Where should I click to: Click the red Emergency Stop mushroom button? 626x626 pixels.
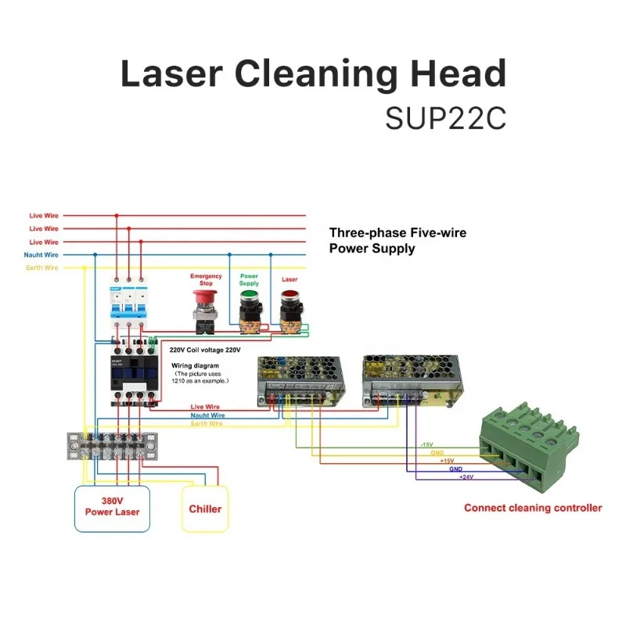click(x=206, y=300)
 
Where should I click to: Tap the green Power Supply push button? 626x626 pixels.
click(x=249, y=299)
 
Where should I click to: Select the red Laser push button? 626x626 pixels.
click(x=290, y=299)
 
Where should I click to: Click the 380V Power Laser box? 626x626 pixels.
click(x=111, y=508)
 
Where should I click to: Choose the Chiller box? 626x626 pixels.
click(x=205, y=509)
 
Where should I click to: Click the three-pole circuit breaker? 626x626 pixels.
click(x=128, y=308)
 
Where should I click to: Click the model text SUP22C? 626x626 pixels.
click(x=445, y=119)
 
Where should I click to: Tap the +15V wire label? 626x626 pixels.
click(x=447, y=461)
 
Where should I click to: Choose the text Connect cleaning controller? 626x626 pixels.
click(x=533, y=508)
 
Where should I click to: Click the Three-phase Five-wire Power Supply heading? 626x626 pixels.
click(x=398, y=240)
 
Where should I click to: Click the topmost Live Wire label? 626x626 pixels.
click(x=44, y=215)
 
